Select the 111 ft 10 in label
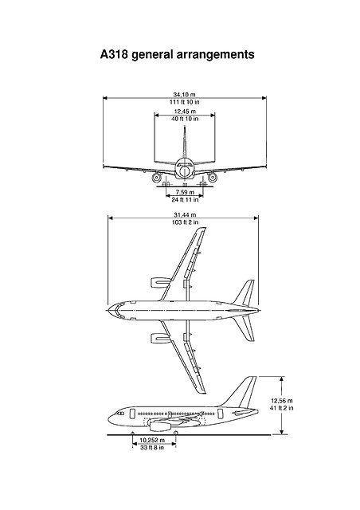click(184, 101)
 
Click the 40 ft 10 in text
click(184, 120)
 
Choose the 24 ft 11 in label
click(185, 198)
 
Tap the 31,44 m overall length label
click(184, 215)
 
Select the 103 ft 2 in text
click(184, 223)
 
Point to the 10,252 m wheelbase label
click(151, 440)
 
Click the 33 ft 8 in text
click(151, 448)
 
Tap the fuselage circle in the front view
click(185, 171)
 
